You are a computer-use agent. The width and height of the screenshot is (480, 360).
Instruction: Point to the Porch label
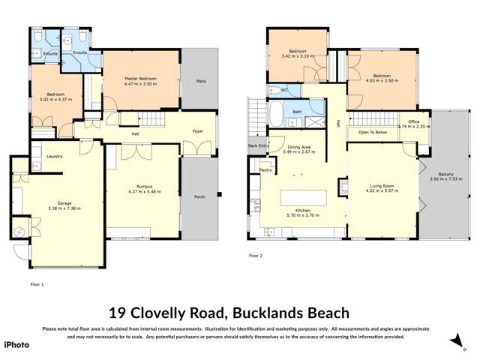coord(199,198)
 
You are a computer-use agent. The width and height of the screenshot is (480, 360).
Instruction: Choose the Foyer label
coord(197,131)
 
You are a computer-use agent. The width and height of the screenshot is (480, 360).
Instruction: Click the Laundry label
coord(54,156)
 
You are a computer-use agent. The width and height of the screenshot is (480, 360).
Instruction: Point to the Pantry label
coord(265,170)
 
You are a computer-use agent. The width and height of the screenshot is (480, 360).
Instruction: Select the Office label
coord(413,121)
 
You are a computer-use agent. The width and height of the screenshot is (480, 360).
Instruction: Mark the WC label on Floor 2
coord(284,89)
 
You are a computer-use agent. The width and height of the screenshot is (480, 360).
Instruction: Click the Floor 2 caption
coord(256,256)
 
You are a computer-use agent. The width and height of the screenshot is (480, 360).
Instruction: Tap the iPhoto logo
coord(16,344)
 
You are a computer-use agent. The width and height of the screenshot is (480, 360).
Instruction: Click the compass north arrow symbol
coord(455,340)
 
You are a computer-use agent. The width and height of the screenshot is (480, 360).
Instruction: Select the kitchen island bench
coord(304,198)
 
